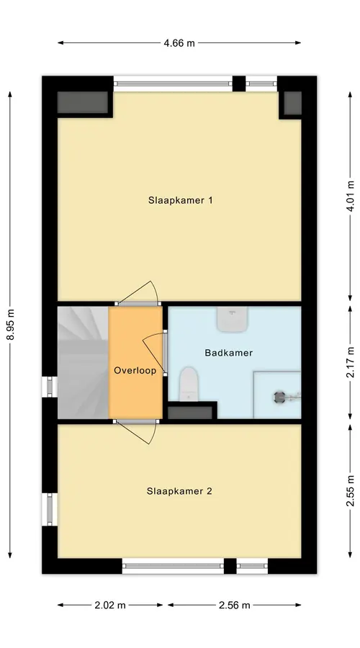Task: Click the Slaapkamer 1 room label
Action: coord(180,200)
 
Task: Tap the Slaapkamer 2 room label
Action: coord(179,491)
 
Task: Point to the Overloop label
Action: coord(135,370)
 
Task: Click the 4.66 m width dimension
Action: coord(179,43)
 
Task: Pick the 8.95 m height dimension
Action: coord(10,325)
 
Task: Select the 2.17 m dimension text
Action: coord(350,362)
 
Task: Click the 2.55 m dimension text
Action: coord(350,491)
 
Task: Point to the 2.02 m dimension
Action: coord(110,605)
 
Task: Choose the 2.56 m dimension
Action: coord(234,605)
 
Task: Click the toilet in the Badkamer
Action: coord(189,384)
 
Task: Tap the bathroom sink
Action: coord(233,319)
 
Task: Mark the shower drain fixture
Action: coord(280,397)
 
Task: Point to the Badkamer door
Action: coord(155,352)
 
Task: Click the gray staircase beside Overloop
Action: coord(83,362)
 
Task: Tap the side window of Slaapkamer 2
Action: coord(50,509)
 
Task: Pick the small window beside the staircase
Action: coord(50,387)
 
